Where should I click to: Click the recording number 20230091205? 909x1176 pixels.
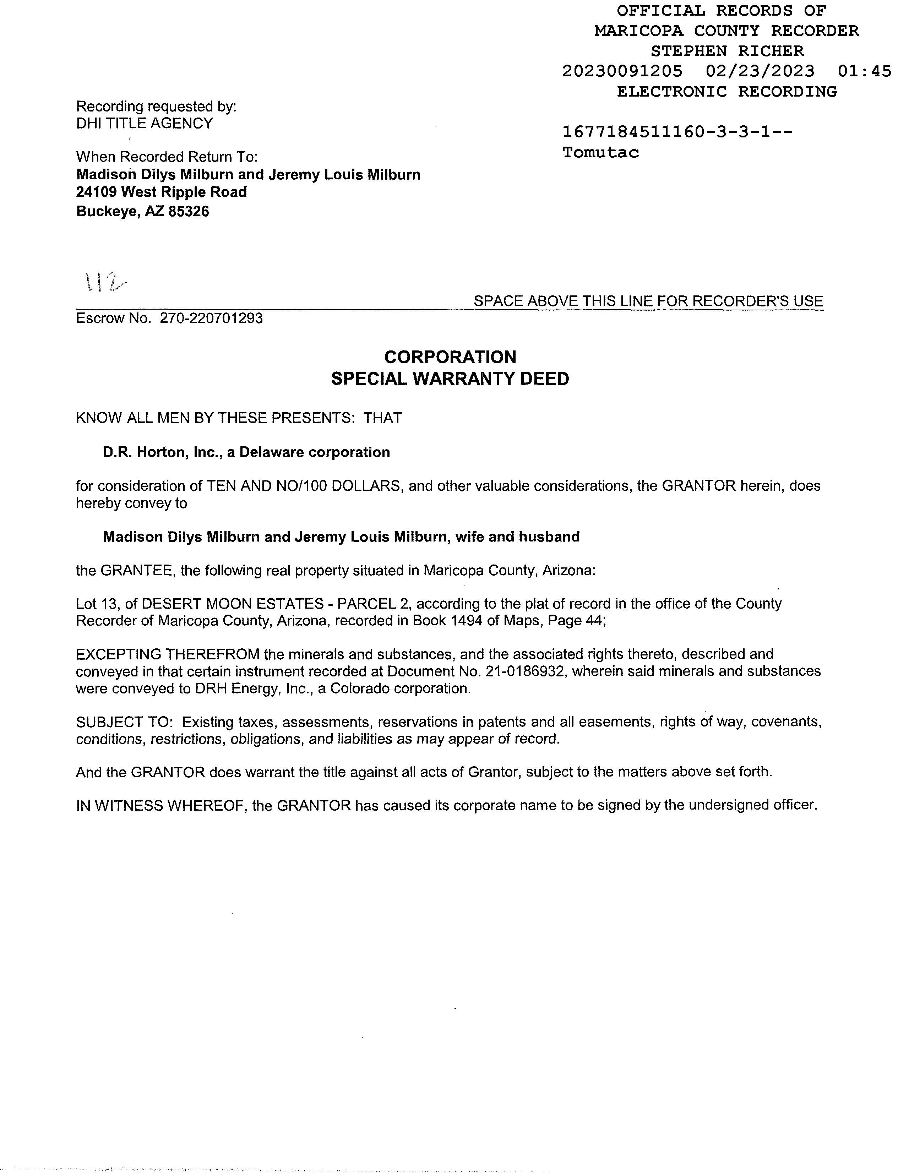coord(622,71)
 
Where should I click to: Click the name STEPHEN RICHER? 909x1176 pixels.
coord(727,51)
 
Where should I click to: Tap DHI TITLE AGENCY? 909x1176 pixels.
coord(144,123)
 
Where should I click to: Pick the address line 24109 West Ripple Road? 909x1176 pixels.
coord(162,192)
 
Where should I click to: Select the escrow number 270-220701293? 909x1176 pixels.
coord(211,318)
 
